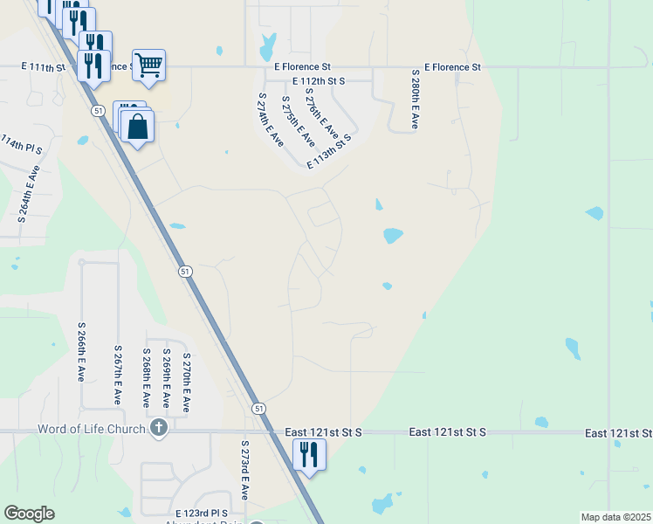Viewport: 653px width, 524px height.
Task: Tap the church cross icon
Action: (x=158, y=428)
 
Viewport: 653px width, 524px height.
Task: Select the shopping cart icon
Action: (x=148, y=64)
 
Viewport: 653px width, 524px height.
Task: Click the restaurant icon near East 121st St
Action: (x=309, y=454)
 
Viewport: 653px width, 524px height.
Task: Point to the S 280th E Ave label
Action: (x=415, y=100)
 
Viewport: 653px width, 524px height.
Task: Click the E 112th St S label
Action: (x=320, y=80)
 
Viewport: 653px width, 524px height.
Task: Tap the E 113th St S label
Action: (x=330, y=151)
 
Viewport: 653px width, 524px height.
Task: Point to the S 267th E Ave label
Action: (x=116, y=374)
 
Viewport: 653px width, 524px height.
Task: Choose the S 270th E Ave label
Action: (x=185, y=382)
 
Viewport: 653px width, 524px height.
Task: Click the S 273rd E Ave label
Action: (x=245, y=470)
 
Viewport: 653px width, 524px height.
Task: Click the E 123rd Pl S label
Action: (x=201, y=513)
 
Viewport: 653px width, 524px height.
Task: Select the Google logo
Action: (x=29, y=514)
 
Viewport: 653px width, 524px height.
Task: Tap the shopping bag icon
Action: (x=138, y=126)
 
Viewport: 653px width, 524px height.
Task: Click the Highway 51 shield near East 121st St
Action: (x=258, y=408)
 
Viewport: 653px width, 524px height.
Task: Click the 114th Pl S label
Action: (x=21, y=146)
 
